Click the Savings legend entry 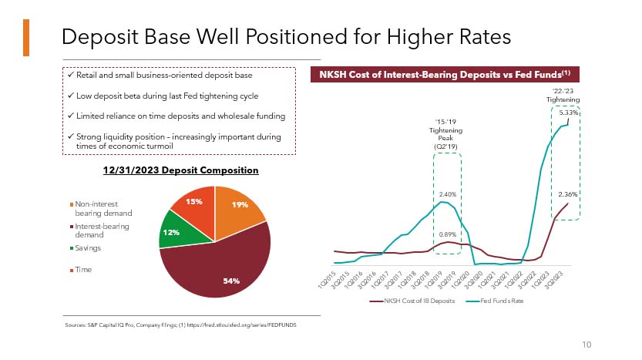(x=88, y=248)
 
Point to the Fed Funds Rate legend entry (x=497, y=300)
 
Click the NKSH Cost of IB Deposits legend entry (x=415, y=300)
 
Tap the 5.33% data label (x=569, y=113)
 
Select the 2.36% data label (x=568, y=194)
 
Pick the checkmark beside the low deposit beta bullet (x=70, y=96)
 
